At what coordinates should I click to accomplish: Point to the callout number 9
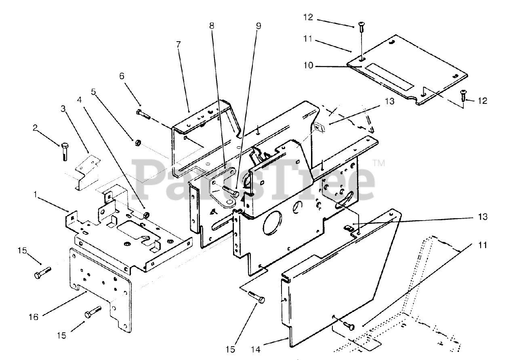(258, 26)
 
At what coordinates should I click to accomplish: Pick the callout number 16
(34, 317)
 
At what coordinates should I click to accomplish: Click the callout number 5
(93, 92)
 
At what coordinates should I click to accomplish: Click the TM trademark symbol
(379, 164)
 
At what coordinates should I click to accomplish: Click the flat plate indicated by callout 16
(101, 287)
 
